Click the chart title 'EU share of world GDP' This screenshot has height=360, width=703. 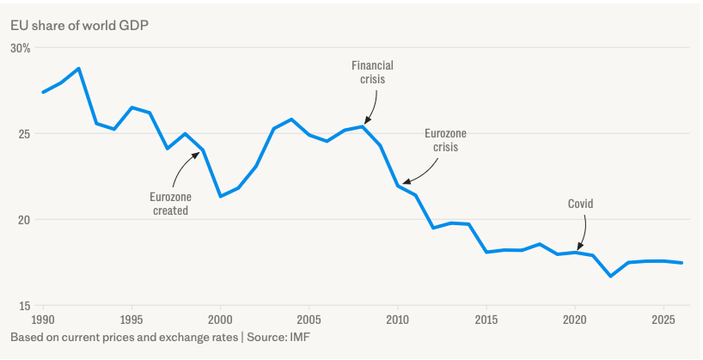pyautogui.click(x=79, y=26)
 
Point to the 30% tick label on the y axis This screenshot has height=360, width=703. pyautogui.click(x=20, y=48)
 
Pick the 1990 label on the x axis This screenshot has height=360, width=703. pyautogui.click(x=44, y=320)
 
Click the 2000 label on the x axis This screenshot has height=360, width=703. pyautogui.click(x=221, y=320)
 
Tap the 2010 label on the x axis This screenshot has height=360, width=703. pyautogui.click(x=398, y=320)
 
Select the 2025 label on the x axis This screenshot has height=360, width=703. pyautogui.click(x=663, y=320)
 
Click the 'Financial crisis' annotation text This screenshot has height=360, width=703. pyautogui.click(x=373, y=72)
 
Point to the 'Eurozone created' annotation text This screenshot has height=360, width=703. pyautogui.click(x=170, y=204)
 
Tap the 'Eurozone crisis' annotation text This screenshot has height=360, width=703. pyautogui.click(x=446, y=140)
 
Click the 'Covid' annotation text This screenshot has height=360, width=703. pyautogui.click(x=581, y=204)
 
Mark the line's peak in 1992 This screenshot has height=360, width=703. pyautogui.click(x=79, y=69)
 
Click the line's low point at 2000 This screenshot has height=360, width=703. pyautogui.click(x=221, y=197)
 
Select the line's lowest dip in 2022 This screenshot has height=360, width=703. pyautogui.click(x=611, y=276)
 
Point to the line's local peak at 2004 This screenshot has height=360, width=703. pyautogui.click(x=291, y=119)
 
